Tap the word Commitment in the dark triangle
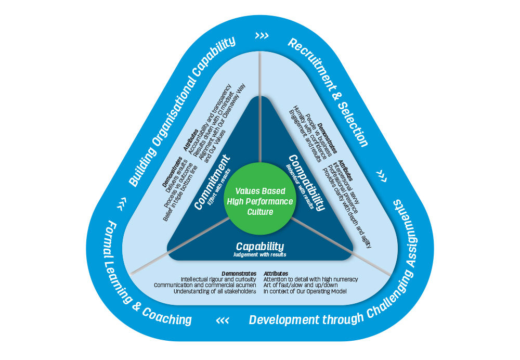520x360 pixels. [213, 186]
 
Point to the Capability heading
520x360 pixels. [260, 246]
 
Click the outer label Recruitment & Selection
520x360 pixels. [328, 92]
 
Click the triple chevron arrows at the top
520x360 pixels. [262, 36]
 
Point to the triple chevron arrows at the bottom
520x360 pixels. [223, 319]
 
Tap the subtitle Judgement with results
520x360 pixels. [260, 255]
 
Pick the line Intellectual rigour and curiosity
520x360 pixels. [218, 279]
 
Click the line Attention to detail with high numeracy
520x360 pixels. [310, 279]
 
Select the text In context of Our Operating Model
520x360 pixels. [305, 291]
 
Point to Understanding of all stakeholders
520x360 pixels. [215, 291]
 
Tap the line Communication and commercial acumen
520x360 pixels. [205, 285]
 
